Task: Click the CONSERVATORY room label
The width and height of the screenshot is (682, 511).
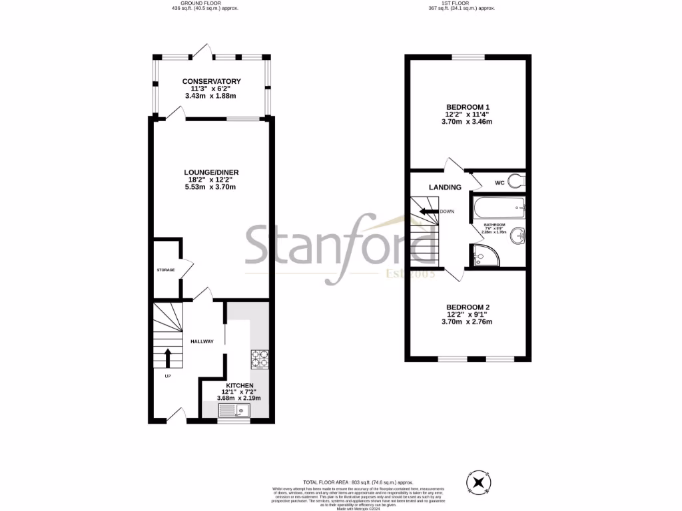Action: (x=211, y=81)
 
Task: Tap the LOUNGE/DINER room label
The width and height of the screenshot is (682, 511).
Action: (x=211, y=172)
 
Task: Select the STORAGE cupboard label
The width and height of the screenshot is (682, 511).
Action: (x=166, y=269)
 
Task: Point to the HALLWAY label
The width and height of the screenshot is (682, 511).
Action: (x=202, y=341)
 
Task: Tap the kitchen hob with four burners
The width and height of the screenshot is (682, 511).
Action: (x=260, y=359)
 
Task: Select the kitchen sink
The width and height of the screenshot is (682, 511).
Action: (x=234, y=411)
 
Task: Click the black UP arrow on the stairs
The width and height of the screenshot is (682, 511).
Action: (x=167, y=357)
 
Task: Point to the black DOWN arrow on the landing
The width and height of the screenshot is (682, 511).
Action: (x=429, y=211)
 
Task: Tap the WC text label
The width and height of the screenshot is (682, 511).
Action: (x=500, y=182)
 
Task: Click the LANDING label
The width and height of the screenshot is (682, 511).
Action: (x=445, y=187)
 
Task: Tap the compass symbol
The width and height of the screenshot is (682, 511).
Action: (x=479, y=482)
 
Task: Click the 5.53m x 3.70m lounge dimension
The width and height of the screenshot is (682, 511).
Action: (x=211, y=187)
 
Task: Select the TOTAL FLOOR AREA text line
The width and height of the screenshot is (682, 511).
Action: (x=358, y=482)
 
